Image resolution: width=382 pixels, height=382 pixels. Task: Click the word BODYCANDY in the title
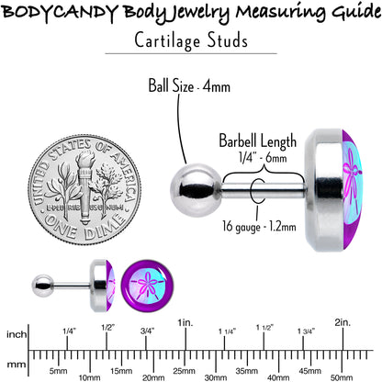coord(59,13)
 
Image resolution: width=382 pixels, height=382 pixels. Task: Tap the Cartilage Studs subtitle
coord(191,40)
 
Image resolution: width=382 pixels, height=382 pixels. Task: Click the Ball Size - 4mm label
coord(189,85)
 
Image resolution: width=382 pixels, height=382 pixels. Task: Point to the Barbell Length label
coord(258,141)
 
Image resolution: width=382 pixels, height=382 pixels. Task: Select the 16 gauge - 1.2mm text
coord(259,227)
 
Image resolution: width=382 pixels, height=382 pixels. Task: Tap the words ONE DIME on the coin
coord(84,227)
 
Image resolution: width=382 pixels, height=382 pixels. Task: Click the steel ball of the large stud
coord(196,185)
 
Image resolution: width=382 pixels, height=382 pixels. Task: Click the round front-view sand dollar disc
coord(147,286)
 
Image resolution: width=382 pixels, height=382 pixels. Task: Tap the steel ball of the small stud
coord(43,286)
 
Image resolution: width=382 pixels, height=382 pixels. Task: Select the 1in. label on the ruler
coord(185,322)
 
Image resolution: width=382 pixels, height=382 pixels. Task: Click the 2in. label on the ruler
coord(343,322)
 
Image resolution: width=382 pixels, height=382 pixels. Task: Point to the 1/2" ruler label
coord(107,328)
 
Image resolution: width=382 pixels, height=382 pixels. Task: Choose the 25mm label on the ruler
coord(184,371)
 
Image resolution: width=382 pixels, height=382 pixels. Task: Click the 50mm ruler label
coord(342,377)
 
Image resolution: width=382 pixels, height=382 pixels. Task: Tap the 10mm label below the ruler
coord(89,377)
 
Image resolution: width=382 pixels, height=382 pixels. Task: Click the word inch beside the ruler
coord(17,334)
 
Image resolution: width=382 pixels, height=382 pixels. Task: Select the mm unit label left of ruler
coord(17,365)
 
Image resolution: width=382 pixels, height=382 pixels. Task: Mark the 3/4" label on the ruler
coord(147,331)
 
